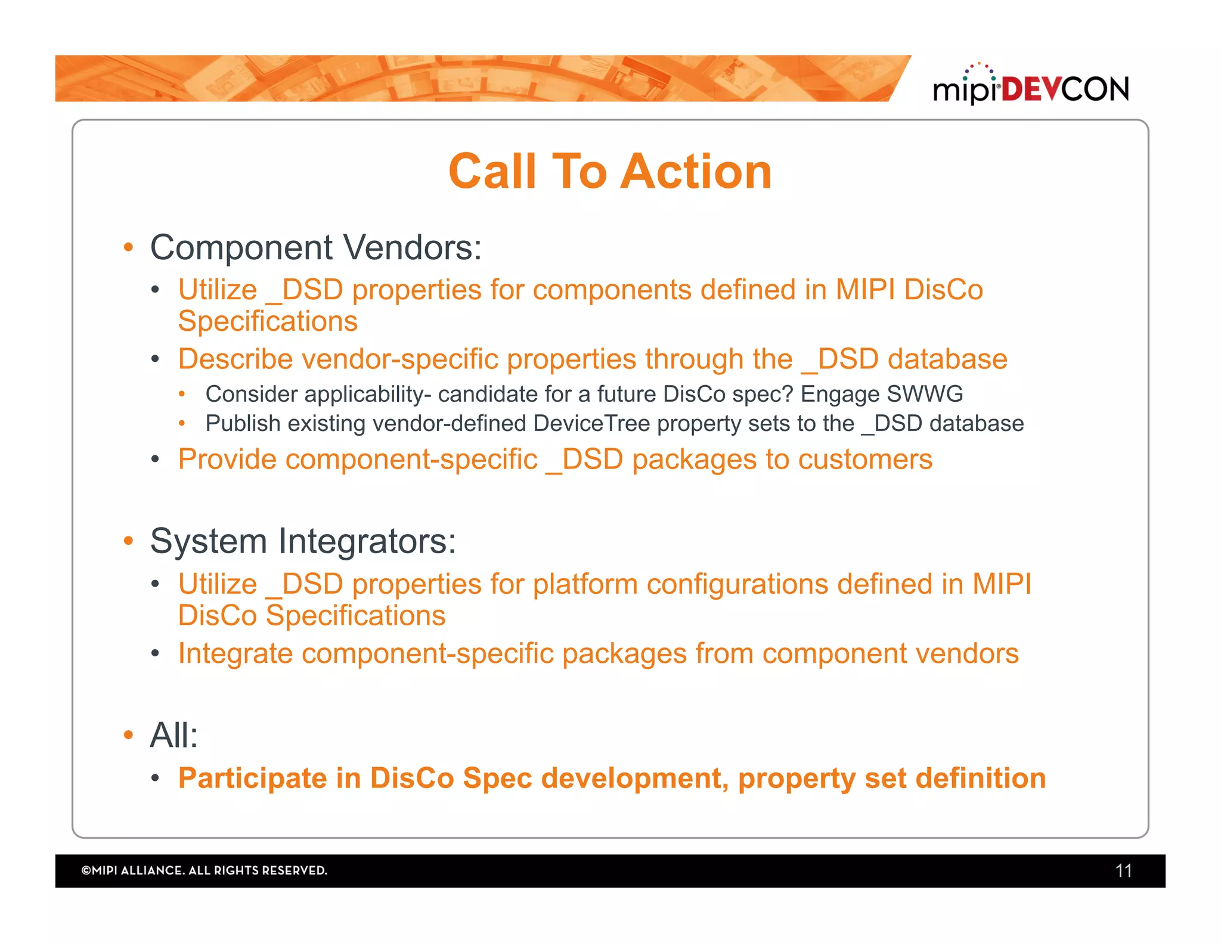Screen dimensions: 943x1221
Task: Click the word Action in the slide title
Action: tap(696, 172)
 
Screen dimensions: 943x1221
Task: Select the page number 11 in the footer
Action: tap(1123, 871)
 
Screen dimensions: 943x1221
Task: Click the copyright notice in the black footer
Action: tap(204, 870)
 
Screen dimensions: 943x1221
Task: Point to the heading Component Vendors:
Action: tap(315, 247)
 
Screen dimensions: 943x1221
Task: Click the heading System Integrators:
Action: tap(303, 541)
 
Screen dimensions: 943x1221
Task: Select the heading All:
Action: tap(173, 734)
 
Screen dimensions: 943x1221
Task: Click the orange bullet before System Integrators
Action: tap(128, 541)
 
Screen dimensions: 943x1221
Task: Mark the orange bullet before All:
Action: tap(128, 734)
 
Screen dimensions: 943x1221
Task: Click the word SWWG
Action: tap(925, 394)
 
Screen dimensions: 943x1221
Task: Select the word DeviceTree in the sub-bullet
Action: tap(591, 423)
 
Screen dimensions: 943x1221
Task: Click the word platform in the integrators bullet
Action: tap(585, 584)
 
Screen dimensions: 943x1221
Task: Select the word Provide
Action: tap(227, 460)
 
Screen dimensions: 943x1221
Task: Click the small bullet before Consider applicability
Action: tap(182, 394)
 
